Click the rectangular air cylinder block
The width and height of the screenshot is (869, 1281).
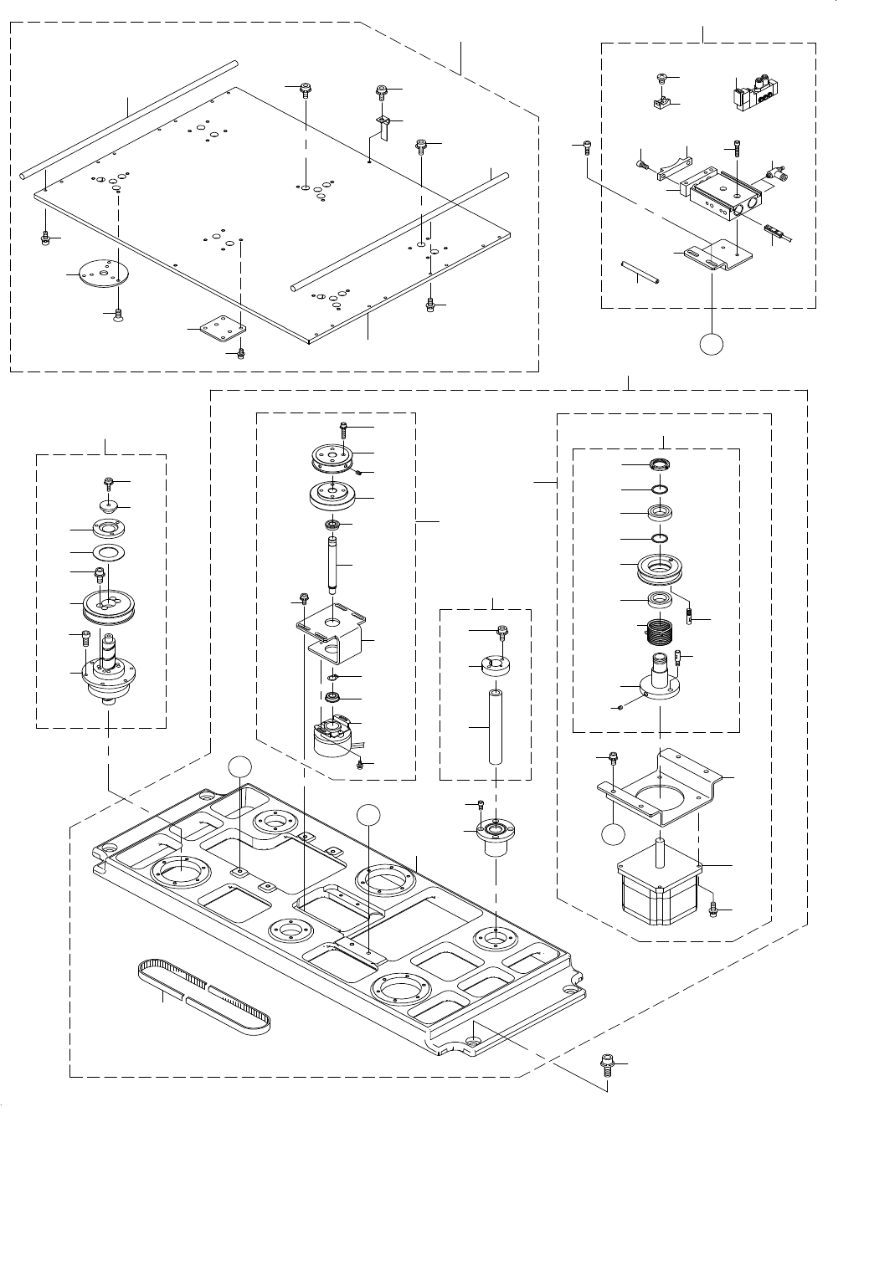[x=723, y=198]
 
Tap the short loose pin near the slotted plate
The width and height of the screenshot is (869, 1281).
[x=641, y=273]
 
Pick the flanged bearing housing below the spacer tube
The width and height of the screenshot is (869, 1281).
[x=496, y=838]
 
